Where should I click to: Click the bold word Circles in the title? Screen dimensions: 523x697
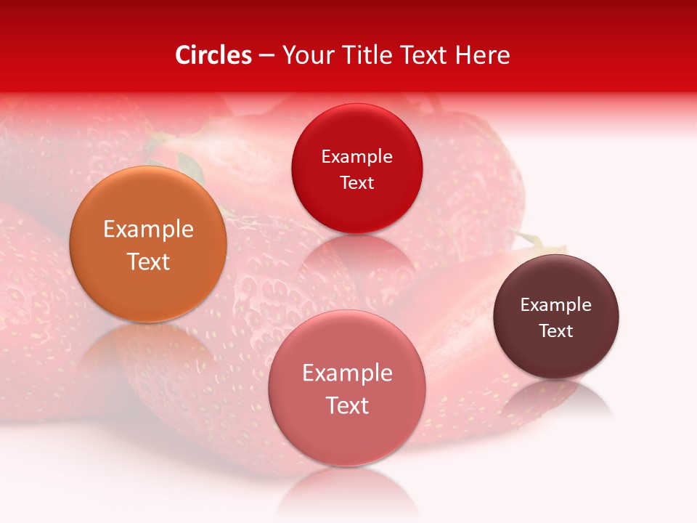click(x=213, y=55)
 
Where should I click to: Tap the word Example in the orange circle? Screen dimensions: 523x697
click(x=148, y=230)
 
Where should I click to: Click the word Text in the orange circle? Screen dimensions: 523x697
click(x=148, y=261)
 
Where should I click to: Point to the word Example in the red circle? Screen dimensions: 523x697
click(x=356, y=157)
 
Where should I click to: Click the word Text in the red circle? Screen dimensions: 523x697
click(x=356, y=183)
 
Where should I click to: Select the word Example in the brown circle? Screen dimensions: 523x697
click(x=556, y=305)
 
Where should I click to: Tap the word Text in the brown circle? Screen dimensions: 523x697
click(x=556, y=331)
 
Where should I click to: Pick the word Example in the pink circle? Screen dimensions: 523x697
click(x=347, y=373)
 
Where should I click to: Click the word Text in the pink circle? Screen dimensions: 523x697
click(x=347, y=405)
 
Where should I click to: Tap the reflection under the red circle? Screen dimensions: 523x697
click(x=356, y=254)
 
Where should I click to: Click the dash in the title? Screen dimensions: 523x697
click(x=266, y=56)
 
